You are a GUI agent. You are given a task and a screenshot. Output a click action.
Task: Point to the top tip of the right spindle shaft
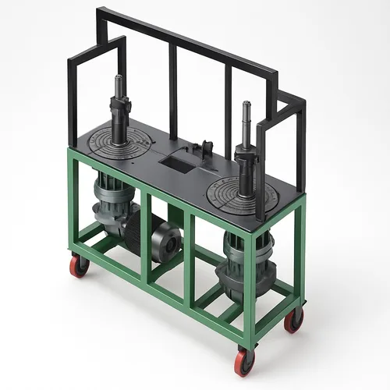point(246,103)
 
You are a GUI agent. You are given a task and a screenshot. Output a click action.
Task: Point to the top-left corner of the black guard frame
point(99,11)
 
